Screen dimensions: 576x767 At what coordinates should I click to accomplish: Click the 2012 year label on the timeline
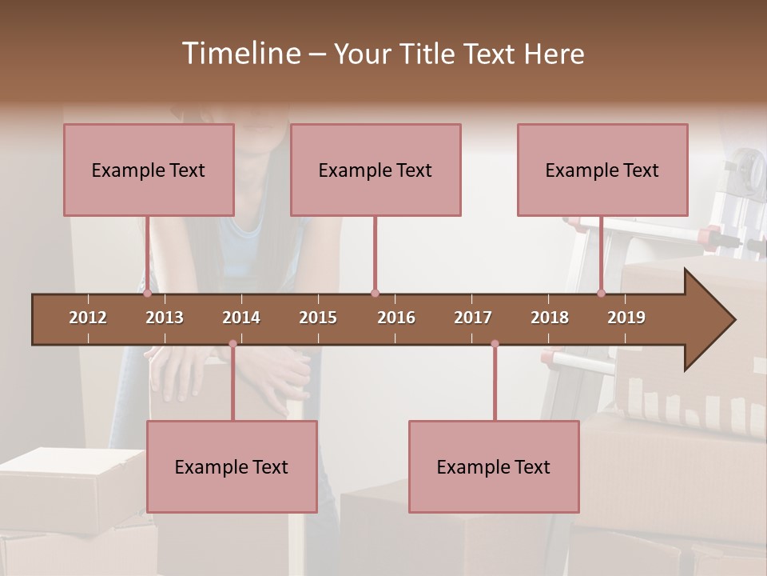tap(88, 318)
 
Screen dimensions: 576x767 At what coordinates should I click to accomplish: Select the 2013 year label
tap(165, 318)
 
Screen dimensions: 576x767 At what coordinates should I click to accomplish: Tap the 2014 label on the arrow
tap(241, 318)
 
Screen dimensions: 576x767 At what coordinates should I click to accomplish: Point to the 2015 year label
tap(318, 318)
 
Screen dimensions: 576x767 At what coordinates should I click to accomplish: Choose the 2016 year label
tap(396, 318)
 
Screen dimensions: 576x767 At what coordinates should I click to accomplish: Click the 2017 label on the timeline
tap(473, 318)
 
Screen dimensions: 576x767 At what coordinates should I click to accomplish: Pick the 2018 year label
tap(550, 318)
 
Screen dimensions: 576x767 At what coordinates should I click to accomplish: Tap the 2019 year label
tap(626, 318)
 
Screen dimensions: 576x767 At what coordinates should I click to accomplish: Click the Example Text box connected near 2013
tap(149, 170)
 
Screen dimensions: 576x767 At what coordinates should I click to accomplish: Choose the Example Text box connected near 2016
tap(376, 170)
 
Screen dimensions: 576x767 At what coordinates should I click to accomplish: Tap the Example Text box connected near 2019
tap(602, 170)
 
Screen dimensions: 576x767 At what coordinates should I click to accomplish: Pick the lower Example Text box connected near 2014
tap(232, 466)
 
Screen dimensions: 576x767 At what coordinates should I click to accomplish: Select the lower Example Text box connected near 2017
tap(494, 466)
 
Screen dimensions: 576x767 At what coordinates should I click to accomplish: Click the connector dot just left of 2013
tap(148, 294)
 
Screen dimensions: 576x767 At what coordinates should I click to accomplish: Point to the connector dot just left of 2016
tap(375, 294)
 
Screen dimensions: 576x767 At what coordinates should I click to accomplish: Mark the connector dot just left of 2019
tap(602, 294)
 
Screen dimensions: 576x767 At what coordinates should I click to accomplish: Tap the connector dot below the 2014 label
tap(232, 344)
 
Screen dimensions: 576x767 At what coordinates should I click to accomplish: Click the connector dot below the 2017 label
tap(495, 344)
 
